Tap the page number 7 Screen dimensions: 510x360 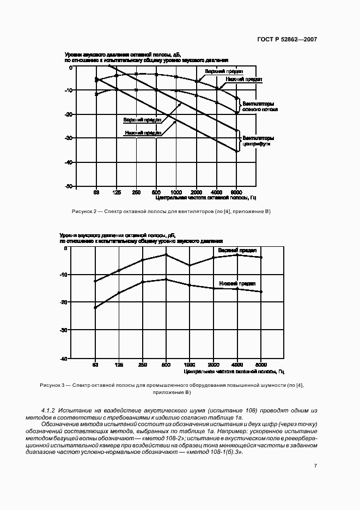(315, 465)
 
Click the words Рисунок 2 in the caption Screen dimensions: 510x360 (83, 211)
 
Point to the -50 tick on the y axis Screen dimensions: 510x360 (69, 186)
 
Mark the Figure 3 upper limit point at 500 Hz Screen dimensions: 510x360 (166, 254)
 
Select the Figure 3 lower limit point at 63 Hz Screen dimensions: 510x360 (95, 308)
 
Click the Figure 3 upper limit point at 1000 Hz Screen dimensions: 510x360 (189, 265)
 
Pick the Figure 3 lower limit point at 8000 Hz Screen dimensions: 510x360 (261, 292)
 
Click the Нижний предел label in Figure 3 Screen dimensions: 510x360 (236, 284)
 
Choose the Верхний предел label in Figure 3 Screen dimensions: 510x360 (237, 250)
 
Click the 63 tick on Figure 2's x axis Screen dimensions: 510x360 (96, 192)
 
